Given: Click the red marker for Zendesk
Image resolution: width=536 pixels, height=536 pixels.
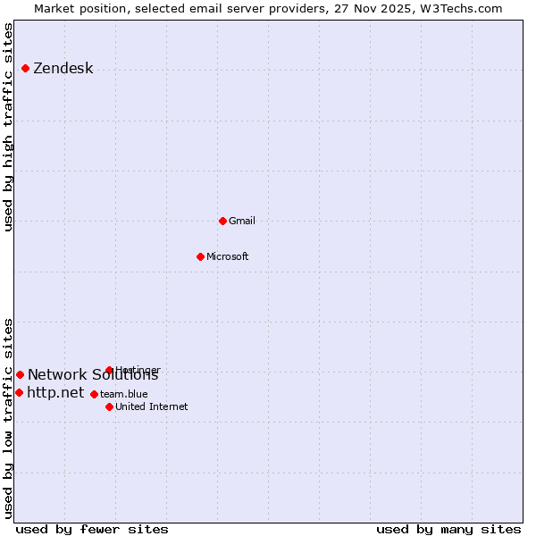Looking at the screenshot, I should coord(25,69).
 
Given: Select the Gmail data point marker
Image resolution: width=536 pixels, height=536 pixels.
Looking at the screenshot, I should coord(222,221).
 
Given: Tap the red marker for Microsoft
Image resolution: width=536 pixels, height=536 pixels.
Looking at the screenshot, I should coord(200,257).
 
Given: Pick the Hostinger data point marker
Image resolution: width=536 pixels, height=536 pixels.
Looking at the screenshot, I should coord(109,370).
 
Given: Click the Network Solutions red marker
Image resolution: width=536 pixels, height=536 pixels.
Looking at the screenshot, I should coord(20,375).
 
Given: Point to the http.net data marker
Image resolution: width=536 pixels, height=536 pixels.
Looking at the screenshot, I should coord(19,392).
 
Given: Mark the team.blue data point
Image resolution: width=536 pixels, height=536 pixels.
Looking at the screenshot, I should coord(94,394).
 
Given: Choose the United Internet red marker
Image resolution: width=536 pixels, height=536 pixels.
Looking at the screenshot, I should coord(109,406).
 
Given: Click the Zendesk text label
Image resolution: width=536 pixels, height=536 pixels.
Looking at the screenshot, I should coord(63,69).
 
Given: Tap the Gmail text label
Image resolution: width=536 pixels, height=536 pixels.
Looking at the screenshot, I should coord(242,221).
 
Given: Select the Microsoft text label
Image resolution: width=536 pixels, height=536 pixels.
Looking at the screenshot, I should coord(228,257).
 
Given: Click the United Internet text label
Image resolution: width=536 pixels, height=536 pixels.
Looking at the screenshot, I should coord(152,406).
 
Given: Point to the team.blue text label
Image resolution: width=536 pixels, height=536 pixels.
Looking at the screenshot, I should coord(124,394).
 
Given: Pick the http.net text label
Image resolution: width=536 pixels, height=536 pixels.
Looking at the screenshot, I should coord(55,392).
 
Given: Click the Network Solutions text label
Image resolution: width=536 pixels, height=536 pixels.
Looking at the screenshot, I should coord(93,375).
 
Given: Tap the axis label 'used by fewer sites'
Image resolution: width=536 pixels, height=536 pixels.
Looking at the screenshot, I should coord(92,529).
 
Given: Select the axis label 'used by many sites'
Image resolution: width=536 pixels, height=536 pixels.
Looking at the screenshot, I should coord(448,529).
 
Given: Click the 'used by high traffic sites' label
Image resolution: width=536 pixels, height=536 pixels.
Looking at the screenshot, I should coord(9,127).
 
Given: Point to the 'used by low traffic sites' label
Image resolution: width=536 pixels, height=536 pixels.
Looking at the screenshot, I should coord(9,418).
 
